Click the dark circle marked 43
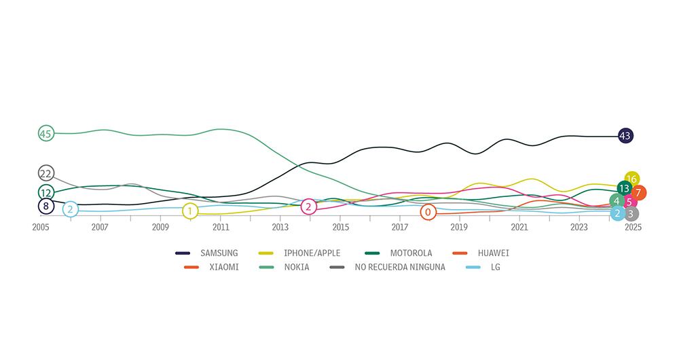pos(625,136)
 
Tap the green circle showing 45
pos(45,133)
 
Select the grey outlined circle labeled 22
pos(45,173)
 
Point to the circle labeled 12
pos(45,193)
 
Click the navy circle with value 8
pos(45,206)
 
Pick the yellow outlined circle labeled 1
pos(190,211)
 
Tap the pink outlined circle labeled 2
pos(308,206)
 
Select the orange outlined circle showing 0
pos(428,212)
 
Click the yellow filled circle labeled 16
pos(631,179)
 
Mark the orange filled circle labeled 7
pos(638,193)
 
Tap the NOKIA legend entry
pos(297,267)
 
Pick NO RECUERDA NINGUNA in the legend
pos(399,267)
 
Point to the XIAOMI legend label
pos(223,267)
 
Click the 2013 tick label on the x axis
pos(280,228)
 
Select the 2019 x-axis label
pos(460,228)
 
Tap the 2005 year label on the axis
pos(41,228)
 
